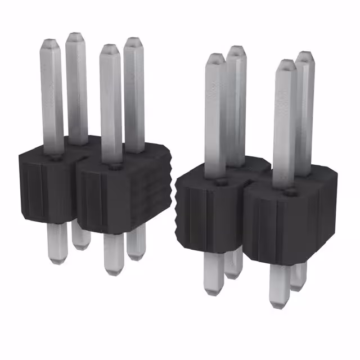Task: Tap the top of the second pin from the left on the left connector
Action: [x=75, y=36]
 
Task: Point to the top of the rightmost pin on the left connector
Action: [x=133, y=40]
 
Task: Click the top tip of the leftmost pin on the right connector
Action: [x=214, y=57]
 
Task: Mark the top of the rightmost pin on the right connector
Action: [x=304, y=55]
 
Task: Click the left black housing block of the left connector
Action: [x=45, y=186]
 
